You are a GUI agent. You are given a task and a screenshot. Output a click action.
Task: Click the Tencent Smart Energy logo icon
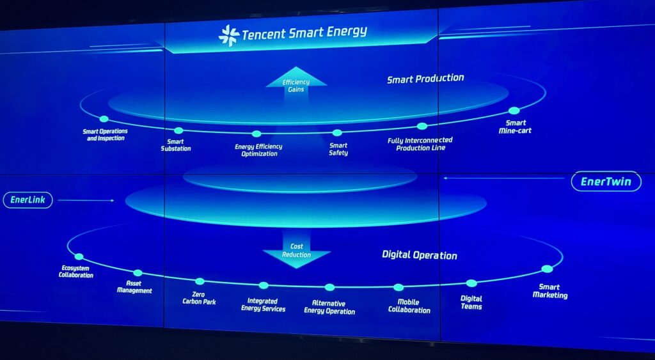[x=229, y=36]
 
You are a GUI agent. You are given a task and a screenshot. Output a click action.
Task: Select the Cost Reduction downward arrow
[x=297, y=250]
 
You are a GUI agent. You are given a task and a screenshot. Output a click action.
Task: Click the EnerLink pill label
[x=28, y=200]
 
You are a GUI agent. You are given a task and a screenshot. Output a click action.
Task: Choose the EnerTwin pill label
[x=606, y=182]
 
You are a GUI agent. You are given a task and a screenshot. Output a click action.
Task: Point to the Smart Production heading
[x=425, y=79]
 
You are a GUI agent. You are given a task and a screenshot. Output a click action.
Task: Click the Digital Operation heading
[x=420, y=254]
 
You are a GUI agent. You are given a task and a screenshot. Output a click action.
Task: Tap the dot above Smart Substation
[x=178, y=130]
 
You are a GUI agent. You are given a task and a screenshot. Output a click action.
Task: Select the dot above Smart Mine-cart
[x=514, y=111]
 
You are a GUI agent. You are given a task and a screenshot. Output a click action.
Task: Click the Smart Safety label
[x=338, y=149]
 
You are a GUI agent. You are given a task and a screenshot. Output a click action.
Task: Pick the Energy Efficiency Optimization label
[x=258, y=150]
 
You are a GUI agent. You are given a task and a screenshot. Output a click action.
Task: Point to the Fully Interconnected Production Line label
[x=420, y=144]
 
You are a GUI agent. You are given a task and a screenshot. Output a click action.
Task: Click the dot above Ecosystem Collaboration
[x=79, y=257]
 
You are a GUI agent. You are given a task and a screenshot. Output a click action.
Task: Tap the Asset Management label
[x=134, y=287]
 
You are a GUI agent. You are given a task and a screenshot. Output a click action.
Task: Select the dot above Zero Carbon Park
[x=200, y=281]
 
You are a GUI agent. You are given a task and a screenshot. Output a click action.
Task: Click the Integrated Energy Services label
[x=263, y=305]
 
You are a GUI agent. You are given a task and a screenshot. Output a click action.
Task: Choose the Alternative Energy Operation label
[x=329, y=307]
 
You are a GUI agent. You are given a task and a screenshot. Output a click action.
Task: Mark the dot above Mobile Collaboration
[x=399, y=287]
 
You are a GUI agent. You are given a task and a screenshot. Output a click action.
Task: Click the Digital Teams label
[x=471, y=302]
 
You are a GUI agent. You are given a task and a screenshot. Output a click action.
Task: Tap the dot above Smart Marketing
[x=548, y=269]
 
